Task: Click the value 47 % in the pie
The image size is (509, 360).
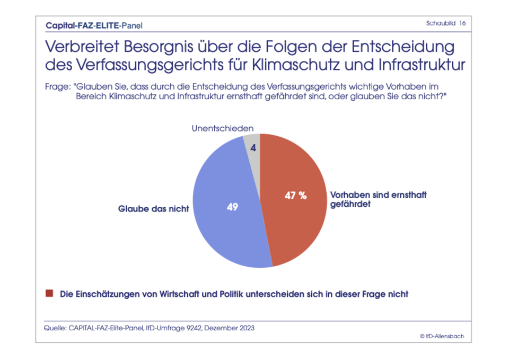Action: pos(295,195)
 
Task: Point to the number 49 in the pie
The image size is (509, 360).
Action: pos(232,207)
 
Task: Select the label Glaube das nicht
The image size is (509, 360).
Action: pos(153,208)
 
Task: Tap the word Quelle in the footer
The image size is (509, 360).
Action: pos(55,328)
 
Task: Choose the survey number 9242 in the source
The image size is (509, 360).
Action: pos(195,328)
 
